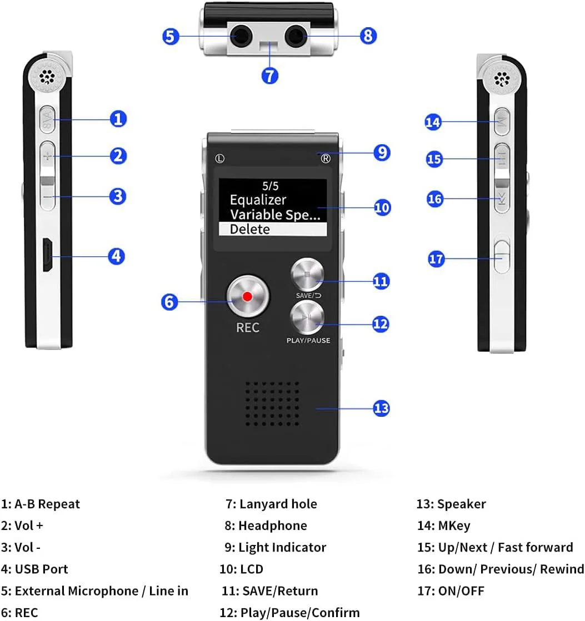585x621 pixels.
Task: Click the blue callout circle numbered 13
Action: click(381, 408)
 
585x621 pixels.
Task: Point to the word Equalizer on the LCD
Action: click(258, 200)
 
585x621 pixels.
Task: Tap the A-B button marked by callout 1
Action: click(48, 119)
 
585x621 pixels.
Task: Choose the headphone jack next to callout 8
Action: click(295, 37)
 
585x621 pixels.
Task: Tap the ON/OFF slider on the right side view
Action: click(502, 255)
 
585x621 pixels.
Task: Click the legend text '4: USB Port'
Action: click(35, 569)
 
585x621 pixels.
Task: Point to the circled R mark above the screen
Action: click(326, 158)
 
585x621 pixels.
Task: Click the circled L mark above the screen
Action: click(220, 158)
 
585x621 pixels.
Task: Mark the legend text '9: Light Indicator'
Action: click(276, 547)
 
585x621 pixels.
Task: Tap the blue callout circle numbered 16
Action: click(435, 198)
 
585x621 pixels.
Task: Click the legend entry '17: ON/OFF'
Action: click(451, 590)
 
